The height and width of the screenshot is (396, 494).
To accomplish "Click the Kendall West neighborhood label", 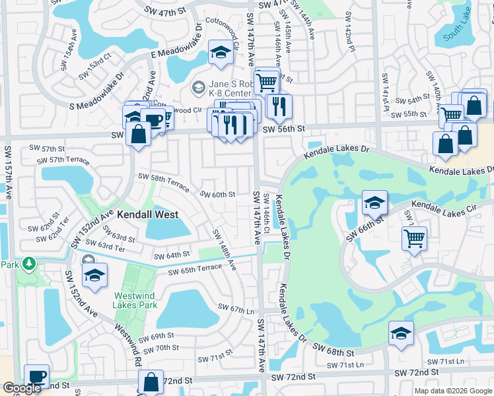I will (144, 214).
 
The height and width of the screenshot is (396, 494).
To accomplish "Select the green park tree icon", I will (28, 264).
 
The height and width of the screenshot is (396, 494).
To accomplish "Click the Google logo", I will (22, 388).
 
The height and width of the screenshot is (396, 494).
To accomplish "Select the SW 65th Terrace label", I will (195, 269).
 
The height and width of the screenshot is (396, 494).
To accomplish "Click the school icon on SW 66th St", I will (374, 203).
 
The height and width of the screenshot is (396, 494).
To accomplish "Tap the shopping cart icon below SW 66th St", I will (414, 239).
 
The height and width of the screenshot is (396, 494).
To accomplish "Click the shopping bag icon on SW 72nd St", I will (151, 382).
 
